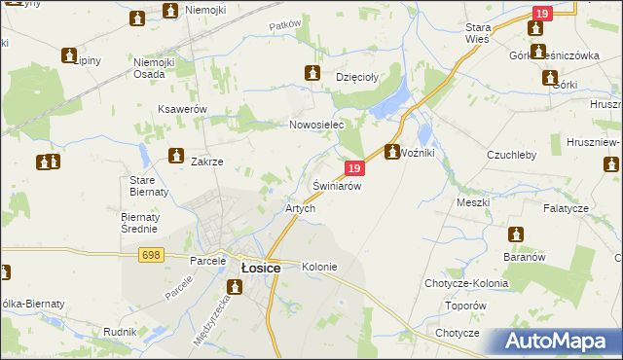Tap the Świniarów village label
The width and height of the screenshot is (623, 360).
click(x=337, y=185)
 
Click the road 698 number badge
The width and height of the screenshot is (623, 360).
click(x=150, y=254)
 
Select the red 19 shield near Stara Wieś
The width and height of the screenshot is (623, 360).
click(x=542, y=13)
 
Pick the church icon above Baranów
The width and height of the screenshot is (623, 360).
click(x=516, y=234)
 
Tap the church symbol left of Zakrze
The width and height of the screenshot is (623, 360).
click(x=176, y=155)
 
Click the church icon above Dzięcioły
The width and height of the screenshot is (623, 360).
click(x=312, y=72)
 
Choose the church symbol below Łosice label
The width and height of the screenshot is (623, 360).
click(x=235, y=287)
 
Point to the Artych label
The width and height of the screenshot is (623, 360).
click(x=299, y=208)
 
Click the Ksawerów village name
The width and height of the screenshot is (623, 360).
click(x=182, y=109)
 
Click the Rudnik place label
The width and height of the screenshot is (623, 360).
click(x=119, y=332)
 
